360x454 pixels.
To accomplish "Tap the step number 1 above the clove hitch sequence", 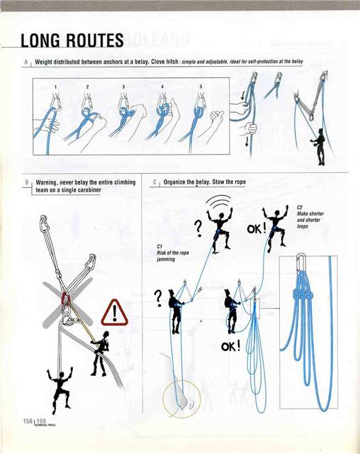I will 54,86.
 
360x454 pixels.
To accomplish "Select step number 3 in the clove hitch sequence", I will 123,86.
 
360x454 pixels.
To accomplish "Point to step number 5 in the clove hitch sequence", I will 201,86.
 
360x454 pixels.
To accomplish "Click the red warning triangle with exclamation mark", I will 113,311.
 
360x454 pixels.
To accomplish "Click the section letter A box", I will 26,62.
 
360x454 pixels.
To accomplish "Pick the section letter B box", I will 26,182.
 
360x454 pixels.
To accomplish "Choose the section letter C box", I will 154,182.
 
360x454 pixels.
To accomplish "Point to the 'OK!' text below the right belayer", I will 230,347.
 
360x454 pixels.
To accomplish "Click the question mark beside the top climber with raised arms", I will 199,228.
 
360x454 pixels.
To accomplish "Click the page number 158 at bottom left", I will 21,421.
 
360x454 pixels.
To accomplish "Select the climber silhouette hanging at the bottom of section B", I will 58,388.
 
